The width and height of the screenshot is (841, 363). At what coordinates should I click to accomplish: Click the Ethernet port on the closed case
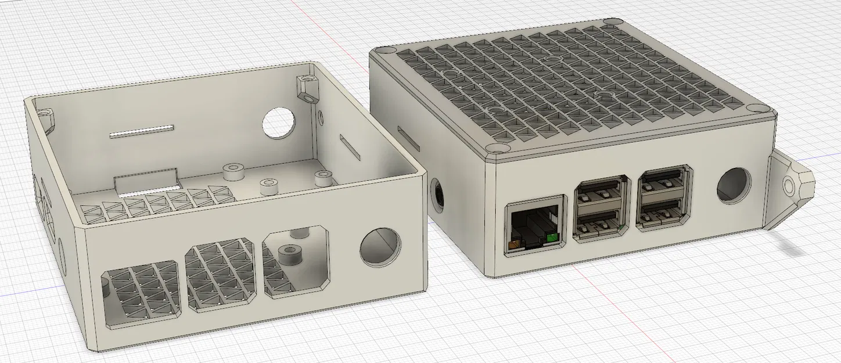[x=533, y=227]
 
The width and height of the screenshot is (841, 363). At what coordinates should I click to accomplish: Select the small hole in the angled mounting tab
[x=788, y=186]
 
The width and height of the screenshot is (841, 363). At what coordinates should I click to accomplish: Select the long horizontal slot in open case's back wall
[x=142, y=131]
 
